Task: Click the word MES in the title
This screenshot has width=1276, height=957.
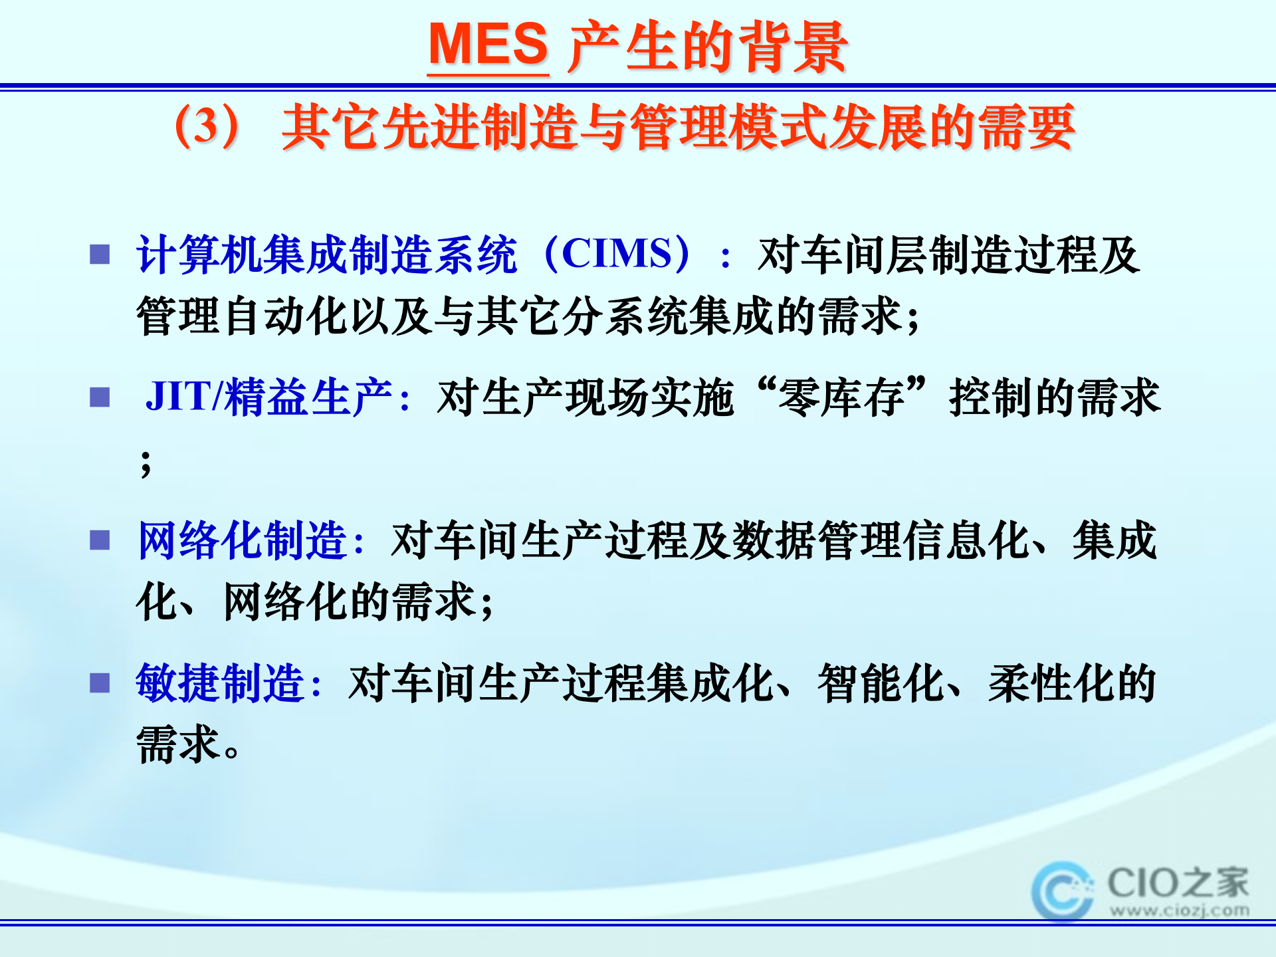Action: [x=488, y=45]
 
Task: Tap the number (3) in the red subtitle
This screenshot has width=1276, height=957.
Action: [x=207, y=126]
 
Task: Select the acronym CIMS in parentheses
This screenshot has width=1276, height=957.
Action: [x=617, y=254]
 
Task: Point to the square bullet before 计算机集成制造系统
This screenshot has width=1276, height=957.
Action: [x=100, y=255]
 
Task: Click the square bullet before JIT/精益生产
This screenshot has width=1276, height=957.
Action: [x=100, y=397]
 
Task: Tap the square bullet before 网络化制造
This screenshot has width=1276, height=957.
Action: [x=100, y=540]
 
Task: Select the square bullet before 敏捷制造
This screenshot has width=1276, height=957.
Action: [x=100, y=683]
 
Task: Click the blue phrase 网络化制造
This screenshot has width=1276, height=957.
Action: [x=243, y=540]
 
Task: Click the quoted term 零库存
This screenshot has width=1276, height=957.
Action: [x=841, y=397]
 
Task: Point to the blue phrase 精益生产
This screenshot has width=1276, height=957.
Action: [x=309, y=397]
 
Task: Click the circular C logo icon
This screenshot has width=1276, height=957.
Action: [x=1062, y=891]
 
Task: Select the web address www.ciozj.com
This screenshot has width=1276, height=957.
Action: [x=1179, y=910]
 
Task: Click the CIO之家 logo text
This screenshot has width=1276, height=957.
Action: [x=1178, y=883]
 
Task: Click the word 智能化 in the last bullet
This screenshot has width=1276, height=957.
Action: [x=881, y=683]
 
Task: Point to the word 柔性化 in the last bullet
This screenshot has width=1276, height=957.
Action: [x=1051, y=683]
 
